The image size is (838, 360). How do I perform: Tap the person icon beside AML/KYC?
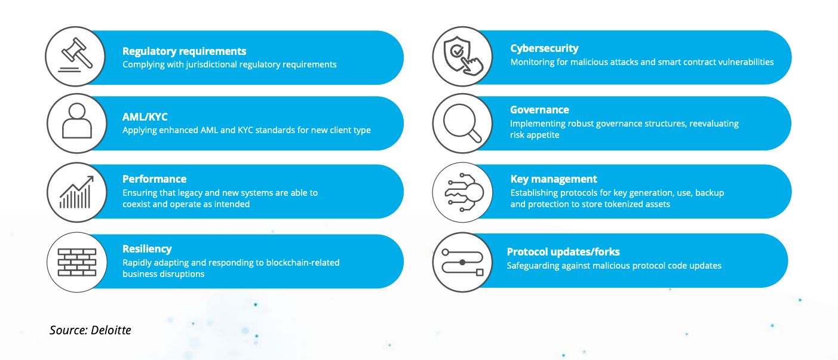(77, 121)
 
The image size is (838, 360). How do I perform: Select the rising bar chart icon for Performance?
(76, 192)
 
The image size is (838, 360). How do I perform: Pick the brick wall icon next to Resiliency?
(77, 262)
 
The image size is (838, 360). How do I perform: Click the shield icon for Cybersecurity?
(462, 56)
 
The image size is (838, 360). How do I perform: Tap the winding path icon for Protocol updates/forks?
(462, 262)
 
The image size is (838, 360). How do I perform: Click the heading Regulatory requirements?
(184, 51)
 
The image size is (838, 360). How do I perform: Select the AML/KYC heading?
(145, 117)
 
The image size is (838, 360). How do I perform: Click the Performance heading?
(154, 179)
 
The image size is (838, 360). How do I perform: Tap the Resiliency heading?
(147, 249)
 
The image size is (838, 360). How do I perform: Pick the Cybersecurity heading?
(544, 48)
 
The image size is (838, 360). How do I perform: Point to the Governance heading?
(539, 110)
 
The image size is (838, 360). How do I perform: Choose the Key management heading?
(554, 180)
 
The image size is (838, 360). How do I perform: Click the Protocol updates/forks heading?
(563, 252)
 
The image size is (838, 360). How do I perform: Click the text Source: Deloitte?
(90, 330)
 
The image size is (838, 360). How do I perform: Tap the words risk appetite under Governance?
(535, 135)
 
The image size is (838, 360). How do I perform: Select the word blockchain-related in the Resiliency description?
(303, 263)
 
